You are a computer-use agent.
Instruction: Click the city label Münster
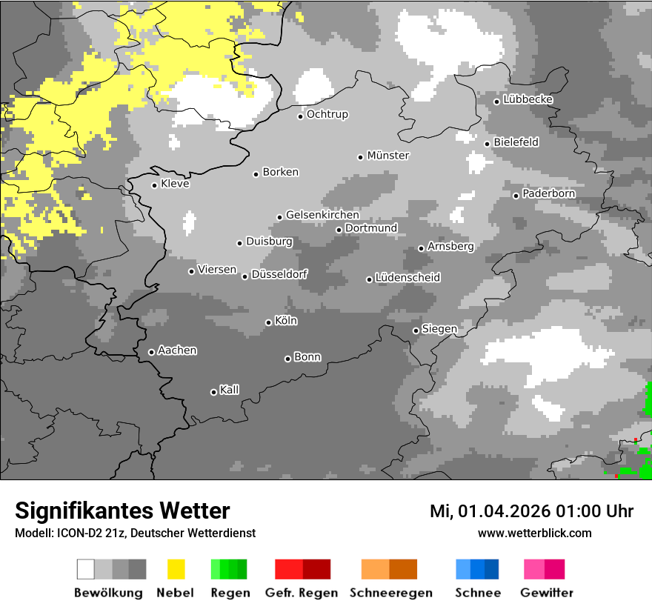pos(388,156)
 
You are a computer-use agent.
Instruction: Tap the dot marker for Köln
pos(269,322)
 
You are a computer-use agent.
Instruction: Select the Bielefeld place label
pos(516,142)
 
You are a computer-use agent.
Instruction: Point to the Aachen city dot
pos(152,352)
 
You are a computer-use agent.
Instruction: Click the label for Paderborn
pos(549,194)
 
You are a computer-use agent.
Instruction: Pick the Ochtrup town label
pos(327,115)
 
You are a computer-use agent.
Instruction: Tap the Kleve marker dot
pos(155,185)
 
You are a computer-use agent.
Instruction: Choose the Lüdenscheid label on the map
pos(408,278)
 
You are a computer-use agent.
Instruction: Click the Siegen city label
pos(439,329)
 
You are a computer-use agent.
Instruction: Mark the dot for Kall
pos(214,392)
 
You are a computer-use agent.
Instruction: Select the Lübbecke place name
pos(528,100)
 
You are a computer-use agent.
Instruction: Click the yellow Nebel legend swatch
pos(176,569)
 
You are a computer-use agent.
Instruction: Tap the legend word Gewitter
pos(547,593)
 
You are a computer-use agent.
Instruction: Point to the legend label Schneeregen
pos(391,593)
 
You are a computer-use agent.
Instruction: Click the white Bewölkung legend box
pos(86,569)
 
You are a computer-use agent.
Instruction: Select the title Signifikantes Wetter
pos(122,511)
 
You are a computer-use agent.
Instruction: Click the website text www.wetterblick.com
pos(535,533)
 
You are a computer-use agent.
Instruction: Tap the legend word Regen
pos(229,593)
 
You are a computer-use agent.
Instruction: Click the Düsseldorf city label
pos(279,274)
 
